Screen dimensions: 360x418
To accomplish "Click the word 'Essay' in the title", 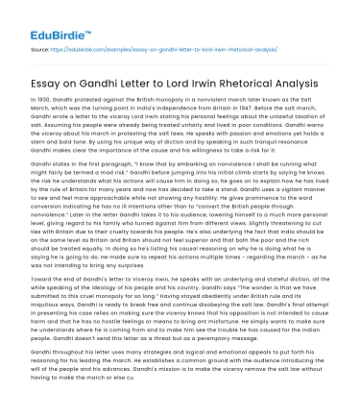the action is pos(48,84).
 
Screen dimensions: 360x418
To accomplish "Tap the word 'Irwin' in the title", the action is pos(250,84).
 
